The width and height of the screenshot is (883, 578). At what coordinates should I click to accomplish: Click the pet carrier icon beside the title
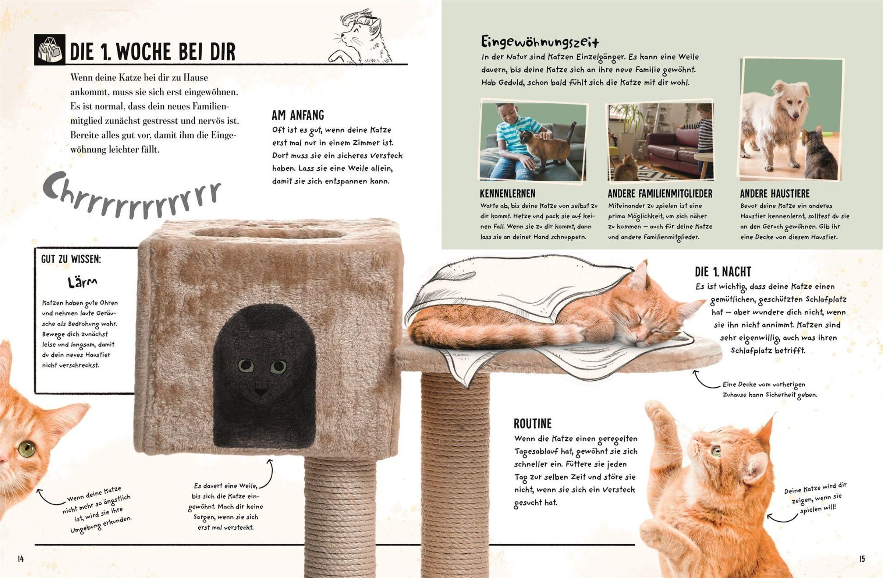click(x=50, y=50)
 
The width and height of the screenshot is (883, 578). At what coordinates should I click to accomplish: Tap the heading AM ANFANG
click(x=298, y=115)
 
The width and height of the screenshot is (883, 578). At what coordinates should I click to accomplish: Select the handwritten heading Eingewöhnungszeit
click(x=540, y=42)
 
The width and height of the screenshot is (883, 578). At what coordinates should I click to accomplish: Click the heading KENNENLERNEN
click(x=507, y=193)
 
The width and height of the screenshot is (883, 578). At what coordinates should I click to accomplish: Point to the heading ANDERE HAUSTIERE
click(x=775, y=193)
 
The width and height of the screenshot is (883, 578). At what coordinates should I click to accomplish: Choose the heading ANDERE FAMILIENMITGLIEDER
click(x=660, y=193)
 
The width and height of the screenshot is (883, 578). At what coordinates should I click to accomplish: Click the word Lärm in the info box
click(x=82, y=282)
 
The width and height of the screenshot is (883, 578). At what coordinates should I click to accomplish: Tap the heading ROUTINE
click(x=532, y=424)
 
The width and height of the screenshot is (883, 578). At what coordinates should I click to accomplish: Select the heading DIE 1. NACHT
click(x=723, y=272)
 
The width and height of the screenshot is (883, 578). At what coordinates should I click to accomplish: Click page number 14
click(x=20, y=559)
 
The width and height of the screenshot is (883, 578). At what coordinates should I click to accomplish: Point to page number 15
click(x=862, y=559)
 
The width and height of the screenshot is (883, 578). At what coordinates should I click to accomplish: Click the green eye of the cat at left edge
click(x=27, y=449)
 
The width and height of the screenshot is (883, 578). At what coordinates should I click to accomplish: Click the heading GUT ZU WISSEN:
click(x=71, y=259)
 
